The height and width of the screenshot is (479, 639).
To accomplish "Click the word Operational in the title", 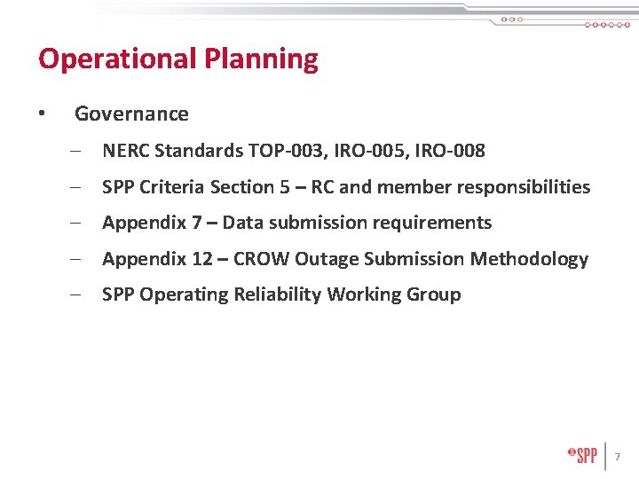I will pos(117,59).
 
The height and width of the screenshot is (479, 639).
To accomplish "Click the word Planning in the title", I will pos(261,59).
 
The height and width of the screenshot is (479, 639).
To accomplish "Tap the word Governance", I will pos(131,114).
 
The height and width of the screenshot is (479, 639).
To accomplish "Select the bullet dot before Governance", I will pos(41,114).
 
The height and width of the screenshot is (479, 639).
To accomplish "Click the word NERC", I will pos(125,152).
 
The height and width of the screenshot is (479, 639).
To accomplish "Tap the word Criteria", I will pos(172,187).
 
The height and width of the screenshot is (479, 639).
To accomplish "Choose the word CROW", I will pos(261,259).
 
